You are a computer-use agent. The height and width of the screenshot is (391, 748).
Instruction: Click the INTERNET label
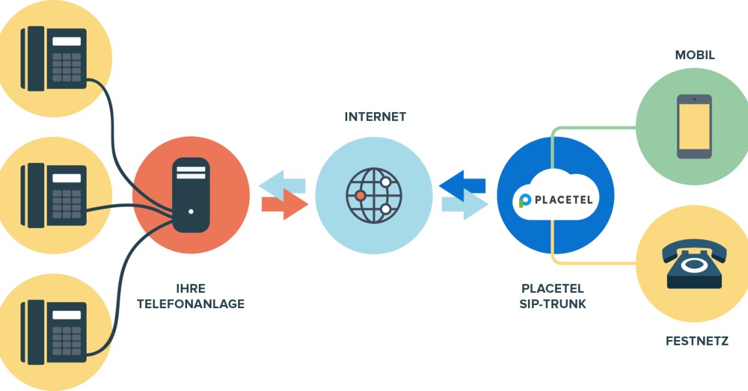click(375, 116)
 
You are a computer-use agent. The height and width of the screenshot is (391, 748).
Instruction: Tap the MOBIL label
click(695, 55)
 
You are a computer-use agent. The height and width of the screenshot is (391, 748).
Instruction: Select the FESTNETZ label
click(696, 341)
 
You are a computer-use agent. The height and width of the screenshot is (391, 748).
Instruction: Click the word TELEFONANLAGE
click(191, 304)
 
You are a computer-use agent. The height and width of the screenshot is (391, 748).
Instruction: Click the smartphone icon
click(694, 126)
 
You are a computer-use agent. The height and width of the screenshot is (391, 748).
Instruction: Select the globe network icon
click(374, 195)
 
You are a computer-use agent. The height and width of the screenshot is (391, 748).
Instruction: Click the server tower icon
click(191, 195)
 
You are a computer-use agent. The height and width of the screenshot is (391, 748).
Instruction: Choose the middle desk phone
click(53, 194)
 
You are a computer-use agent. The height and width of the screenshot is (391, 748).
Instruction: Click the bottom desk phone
click(53, 331)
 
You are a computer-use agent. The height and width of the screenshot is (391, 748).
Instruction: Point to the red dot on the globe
click(360, 195)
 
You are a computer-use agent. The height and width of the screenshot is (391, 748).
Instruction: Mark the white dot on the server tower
click(191, 211)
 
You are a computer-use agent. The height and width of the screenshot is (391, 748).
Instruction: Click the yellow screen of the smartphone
click(694, 127)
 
